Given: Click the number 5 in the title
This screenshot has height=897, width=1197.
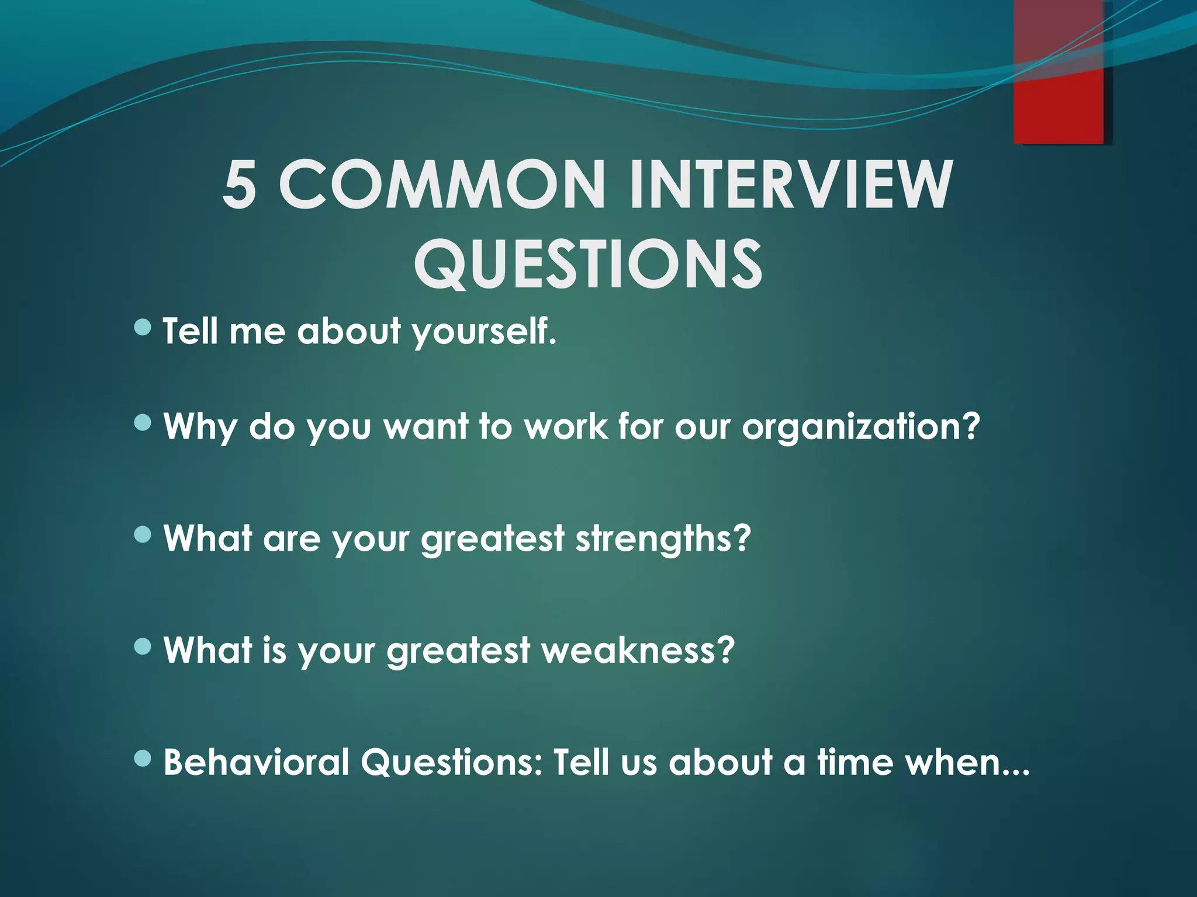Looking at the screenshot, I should click(x=240, y=185).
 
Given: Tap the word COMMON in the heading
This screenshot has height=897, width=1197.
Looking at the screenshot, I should click(x=443, y=185).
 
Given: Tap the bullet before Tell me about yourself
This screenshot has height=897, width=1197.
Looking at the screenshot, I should click(x=142, y=328).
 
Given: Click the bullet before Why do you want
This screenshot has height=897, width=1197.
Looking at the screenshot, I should click(x=142, y=422).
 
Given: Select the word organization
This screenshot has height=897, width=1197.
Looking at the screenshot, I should click(x=859, y=427).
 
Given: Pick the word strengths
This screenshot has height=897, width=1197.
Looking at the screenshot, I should click(x=662, y=538).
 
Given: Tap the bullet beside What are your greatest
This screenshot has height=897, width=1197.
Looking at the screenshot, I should click(x=142, y=534).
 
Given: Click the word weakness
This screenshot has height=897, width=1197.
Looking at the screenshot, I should click(x=637, y=651).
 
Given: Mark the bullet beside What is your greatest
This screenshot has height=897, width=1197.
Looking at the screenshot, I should click(x=142, y=646).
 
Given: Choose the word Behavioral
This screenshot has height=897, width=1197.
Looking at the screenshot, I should click(x=257, y=763).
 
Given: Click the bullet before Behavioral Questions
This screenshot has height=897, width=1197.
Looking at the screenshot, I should click(x=142, y=759).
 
